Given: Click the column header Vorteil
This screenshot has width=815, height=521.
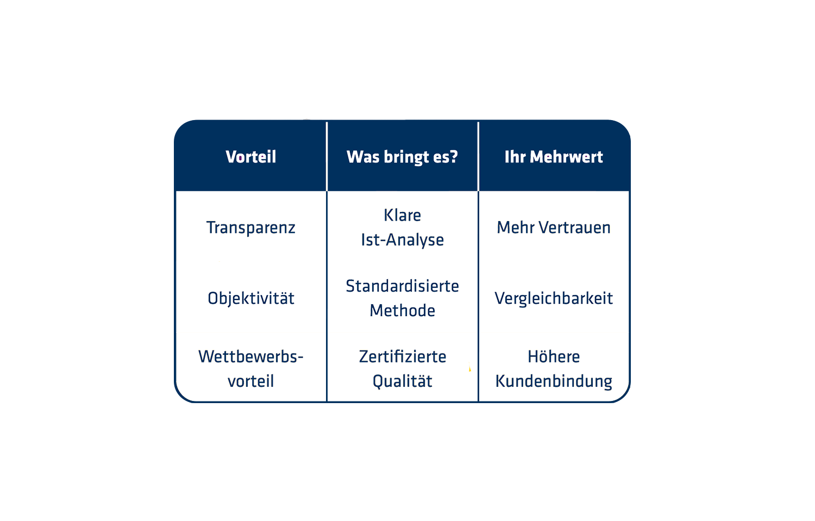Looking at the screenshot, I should tap(251, 157).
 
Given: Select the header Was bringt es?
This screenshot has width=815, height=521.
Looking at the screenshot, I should tap(402, 157).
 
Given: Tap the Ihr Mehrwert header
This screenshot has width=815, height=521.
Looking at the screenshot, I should tap(554, 157).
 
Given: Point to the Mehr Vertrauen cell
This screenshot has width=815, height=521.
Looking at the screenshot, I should tap(554, 228).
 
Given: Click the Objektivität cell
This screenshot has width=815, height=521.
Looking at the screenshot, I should tap(251, 298).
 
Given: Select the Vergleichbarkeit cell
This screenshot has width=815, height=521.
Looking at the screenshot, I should tap(554, 298).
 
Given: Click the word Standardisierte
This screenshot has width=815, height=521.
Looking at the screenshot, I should tap(402, 286).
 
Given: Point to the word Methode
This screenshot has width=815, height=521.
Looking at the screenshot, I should tap(402, 311).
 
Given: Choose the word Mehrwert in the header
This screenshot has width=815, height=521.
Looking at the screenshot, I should tap(567, 157).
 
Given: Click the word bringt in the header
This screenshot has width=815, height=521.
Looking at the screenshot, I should tap(406, 158).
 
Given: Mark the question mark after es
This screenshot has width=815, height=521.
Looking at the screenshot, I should tap(454, 157).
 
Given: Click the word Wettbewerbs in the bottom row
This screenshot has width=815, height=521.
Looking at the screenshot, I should tap(249, 357).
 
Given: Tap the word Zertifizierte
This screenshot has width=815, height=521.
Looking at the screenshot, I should tap(403, 357).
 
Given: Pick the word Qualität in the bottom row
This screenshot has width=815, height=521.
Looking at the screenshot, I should tap(403, 381).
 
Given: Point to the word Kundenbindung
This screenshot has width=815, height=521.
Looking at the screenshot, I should tap(554, 382).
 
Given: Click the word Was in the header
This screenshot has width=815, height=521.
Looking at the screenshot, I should tap(363, 157).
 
